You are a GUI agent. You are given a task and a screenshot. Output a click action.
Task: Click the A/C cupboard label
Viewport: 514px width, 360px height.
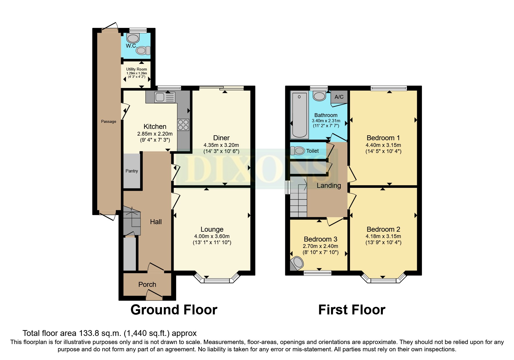tap(339, 97)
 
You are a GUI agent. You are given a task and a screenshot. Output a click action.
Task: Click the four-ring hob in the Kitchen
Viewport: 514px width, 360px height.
tap(183, 125)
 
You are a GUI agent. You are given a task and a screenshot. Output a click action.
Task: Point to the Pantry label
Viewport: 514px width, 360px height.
tap(131, 171)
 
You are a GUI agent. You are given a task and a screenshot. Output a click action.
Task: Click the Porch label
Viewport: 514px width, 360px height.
tap(147, 285)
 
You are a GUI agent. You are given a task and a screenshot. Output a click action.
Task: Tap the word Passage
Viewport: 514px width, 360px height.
tap(109, 122)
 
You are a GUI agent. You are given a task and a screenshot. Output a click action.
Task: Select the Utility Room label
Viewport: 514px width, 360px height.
tap(136, 69)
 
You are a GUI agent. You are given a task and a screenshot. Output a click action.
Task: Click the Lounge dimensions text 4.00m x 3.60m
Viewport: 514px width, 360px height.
tap(212, 236)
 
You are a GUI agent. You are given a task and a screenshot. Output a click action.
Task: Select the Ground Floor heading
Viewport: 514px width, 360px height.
tap(174, 310)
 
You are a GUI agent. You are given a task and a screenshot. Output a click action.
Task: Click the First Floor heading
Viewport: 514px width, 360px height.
tap(351, 310)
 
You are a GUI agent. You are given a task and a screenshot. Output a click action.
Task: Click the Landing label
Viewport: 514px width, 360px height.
tap(329, 186)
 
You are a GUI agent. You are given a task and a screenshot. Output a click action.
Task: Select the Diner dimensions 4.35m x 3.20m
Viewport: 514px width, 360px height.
tap(221, 145)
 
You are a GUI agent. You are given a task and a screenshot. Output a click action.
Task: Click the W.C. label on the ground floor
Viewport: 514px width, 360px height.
tap(131, 46)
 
